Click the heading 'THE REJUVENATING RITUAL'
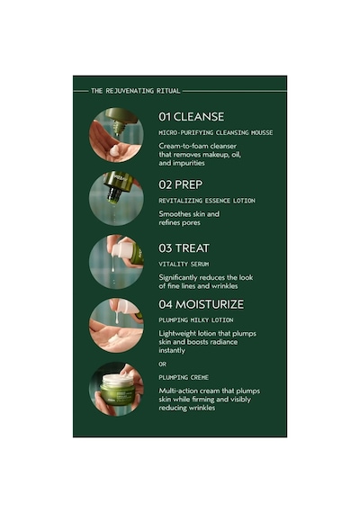(x=136, y=91)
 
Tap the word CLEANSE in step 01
(x=199, y=117)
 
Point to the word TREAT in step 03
(x=192, y=248)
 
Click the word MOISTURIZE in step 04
(x=210, y=304)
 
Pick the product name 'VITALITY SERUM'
(x=184, y=264)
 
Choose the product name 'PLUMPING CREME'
(x=184, y=378)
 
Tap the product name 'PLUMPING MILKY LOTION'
(x=196, y=320)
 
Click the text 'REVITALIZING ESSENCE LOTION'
(x=207, y=201)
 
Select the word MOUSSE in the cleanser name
(x=262, y=133)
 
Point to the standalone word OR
(x=162, y=364)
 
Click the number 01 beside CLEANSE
(x=165, y=117)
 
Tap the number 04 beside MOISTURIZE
(x=166, y=304)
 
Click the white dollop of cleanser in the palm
(x=114, y=151)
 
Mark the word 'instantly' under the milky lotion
(x=172, y=350)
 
